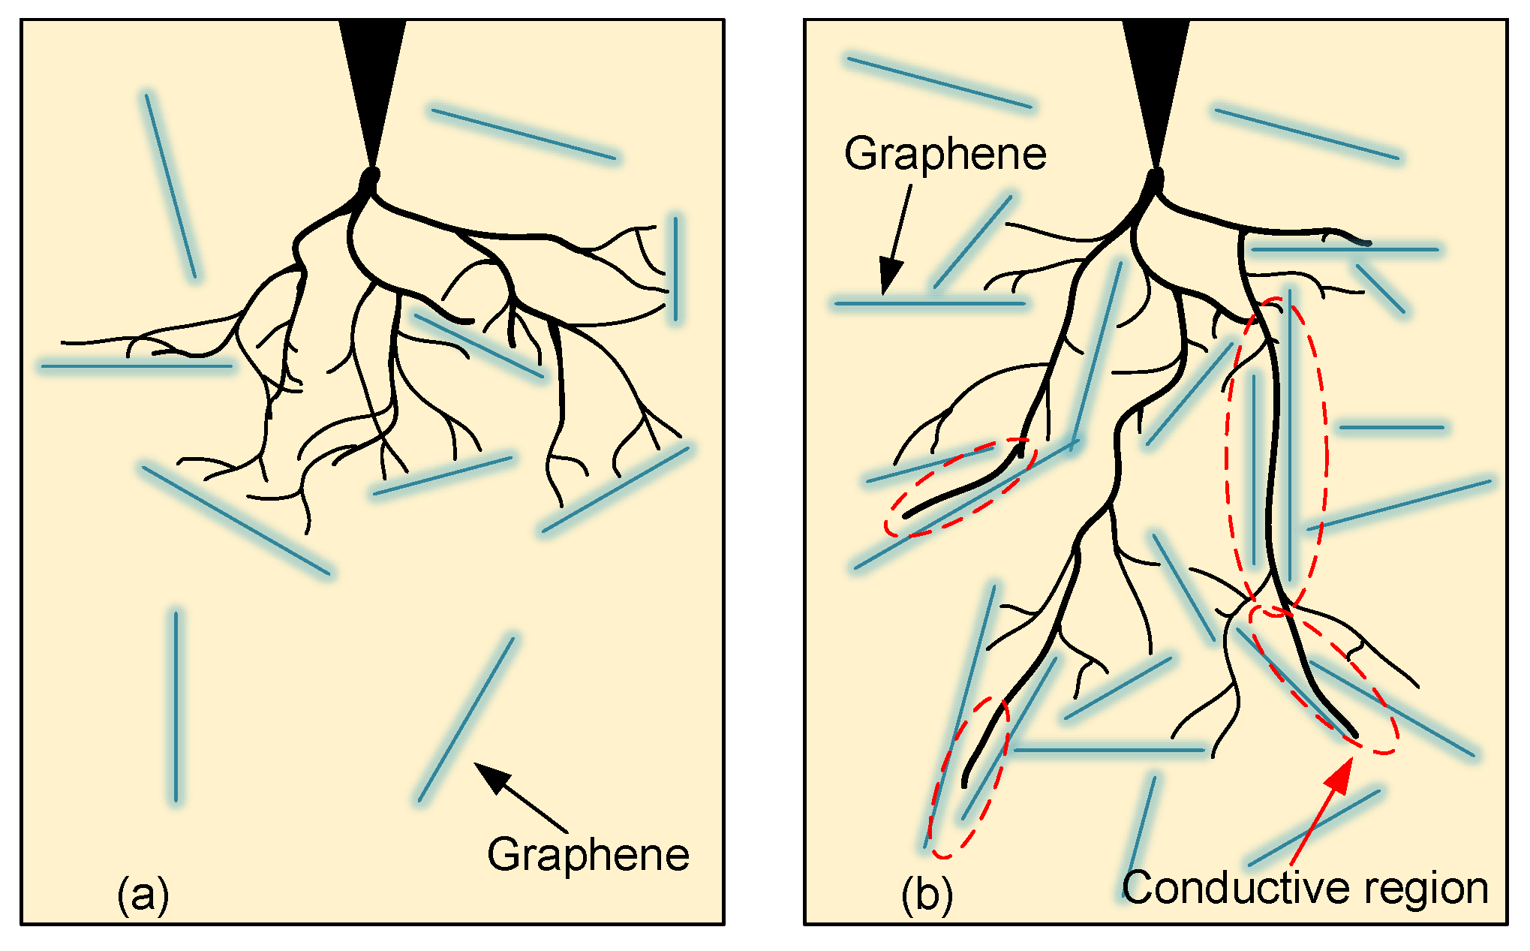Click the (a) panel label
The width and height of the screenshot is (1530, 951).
[x=143, y=894]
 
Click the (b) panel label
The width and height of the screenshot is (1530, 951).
[x=927, y=894]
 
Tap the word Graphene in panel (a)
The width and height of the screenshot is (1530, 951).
[x=588, y=855]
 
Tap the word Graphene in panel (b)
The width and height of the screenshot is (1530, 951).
[x=945, y=154]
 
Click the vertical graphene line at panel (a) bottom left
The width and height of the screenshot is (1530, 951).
[x=176, y=706]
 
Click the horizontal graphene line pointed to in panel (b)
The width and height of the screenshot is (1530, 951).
[x=930, y=304]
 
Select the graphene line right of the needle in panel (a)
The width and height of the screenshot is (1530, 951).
[x=523, y=134]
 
